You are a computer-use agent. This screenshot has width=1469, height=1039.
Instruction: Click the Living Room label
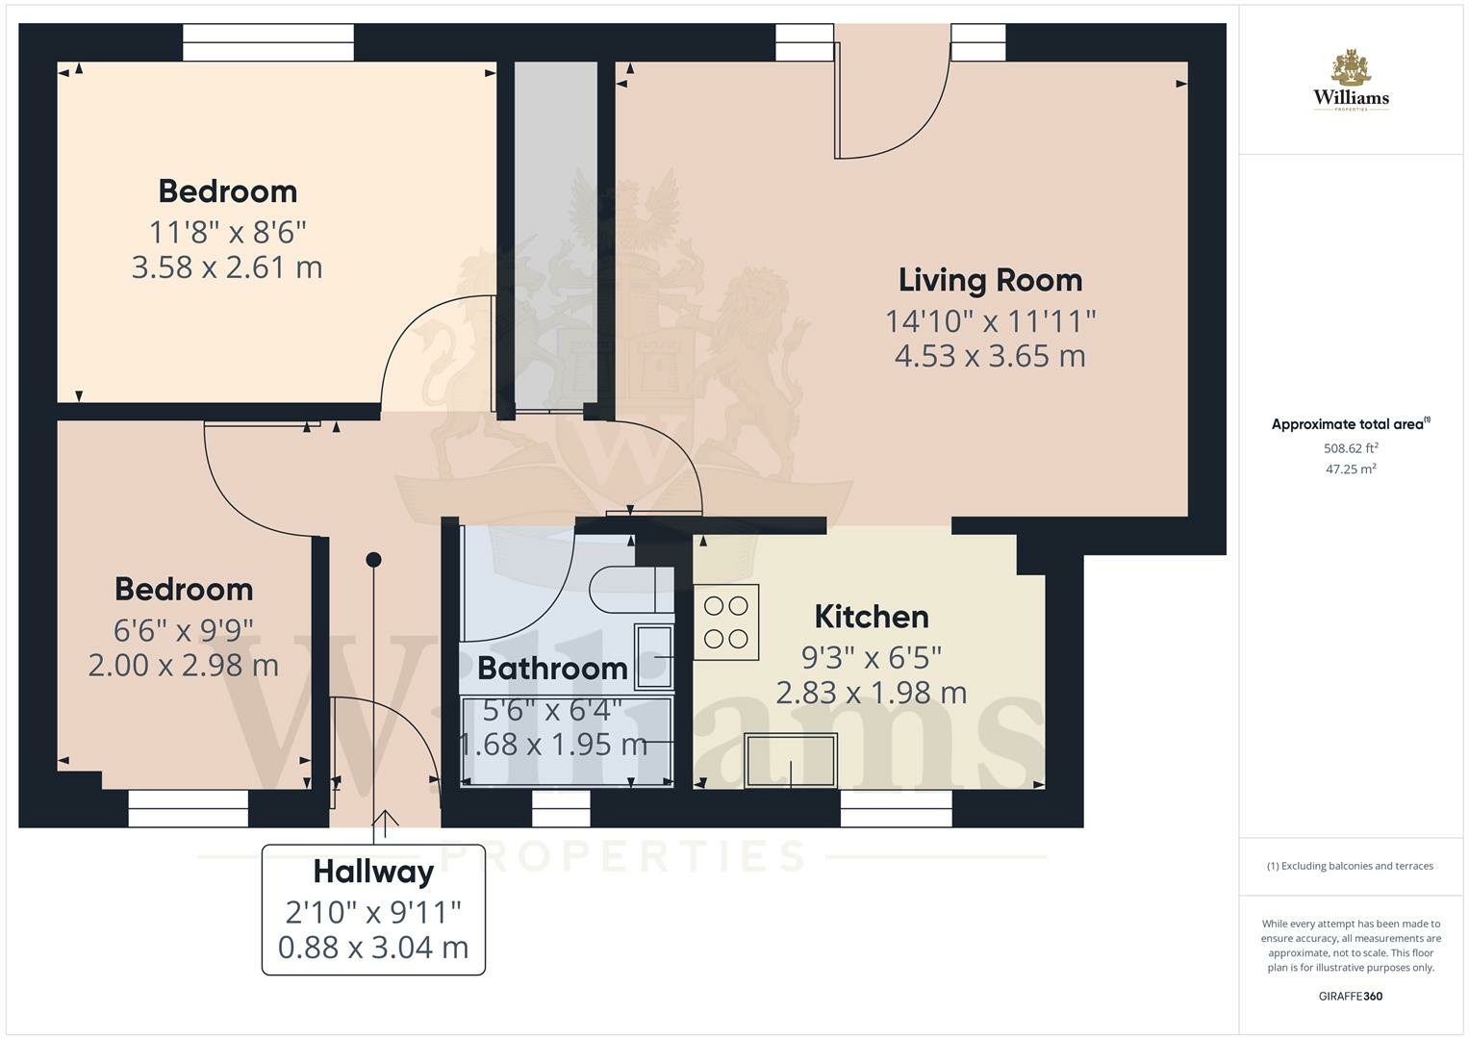click(990, 280)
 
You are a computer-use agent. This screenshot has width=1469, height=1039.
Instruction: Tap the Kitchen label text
click(871, 617)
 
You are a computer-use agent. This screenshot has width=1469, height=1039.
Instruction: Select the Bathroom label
click(552, 668)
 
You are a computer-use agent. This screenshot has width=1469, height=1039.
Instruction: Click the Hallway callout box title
click(373, 872)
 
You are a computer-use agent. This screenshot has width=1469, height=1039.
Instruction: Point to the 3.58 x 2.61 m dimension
click(227, 267)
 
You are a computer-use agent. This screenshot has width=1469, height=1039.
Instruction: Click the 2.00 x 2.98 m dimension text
click(184, 665)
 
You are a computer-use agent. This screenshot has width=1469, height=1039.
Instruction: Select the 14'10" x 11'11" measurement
click(990, 320)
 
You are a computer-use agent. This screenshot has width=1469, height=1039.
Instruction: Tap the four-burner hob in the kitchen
click(726, 622)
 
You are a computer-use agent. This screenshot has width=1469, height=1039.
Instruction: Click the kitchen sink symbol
click(791, 760)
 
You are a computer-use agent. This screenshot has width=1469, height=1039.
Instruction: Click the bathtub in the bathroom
click(567, 741)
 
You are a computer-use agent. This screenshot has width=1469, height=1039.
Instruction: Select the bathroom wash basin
click(654, 657)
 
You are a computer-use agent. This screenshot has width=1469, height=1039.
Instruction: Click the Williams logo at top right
click(1351, 82)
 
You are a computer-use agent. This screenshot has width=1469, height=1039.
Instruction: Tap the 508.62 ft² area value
click(1351, 448)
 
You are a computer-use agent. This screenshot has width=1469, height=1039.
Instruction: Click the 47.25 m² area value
click(1351, 469)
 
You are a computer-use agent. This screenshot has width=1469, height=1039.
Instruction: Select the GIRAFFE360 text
click(1350, 996)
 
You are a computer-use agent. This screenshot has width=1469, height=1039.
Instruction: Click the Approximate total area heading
click(1350, 424)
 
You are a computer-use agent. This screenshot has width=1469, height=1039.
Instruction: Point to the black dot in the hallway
click(374, 560)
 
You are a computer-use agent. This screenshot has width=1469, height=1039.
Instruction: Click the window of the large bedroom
click(268, 42)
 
